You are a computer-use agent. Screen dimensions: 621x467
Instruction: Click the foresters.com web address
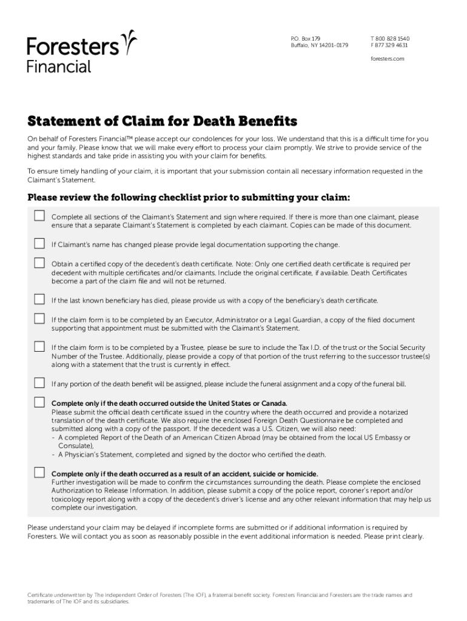(x=387, y=59)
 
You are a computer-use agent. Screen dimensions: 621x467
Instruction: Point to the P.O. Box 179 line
(x=305, y=38)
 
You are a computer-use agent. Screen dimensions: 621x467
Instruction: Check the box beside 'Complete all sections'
(x=39, y=216)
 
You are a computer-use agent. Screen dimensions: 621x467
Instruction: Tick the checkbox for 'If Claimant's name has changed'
(x=39, y=244)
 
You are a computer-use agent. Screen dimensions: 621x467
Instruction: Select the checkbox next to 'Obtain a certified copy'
(x=39, y=263)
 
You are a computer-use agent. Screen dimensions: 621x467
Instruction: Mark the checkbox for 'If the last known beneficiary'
(x=39, y=299)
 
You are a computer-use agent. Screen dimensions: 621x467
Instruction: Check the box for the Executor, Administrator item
(x=39, y=318)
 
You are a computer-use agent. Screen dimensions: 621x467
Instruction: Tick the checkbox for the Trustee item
(x=39, y=346)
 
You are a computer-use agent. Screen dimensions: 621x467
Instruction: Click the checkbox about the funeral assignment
(x=39, y=383)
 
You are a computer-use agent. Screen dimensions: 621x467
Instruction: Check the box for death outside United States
(x=39, y=402)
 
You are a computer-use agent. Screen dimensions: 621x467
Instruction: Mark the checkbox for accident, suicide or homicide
(x=39, y=472)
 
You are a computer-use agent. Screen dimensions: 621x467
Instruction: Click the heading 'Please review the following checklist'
(x=189, y=198)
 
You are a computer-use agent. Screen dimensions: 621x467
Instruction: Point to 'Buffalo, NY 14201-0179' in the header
(x=319, y=45)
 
